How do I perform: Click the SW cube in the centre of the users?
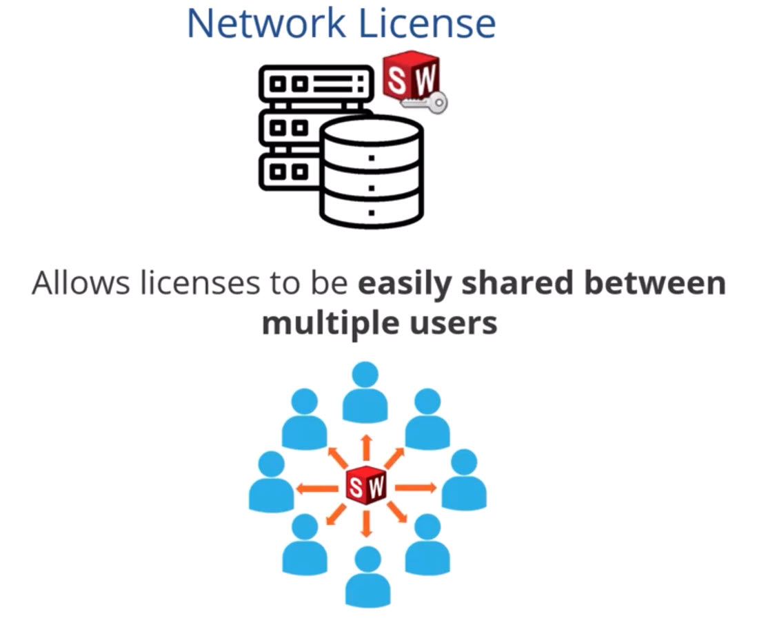point(366,487)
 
